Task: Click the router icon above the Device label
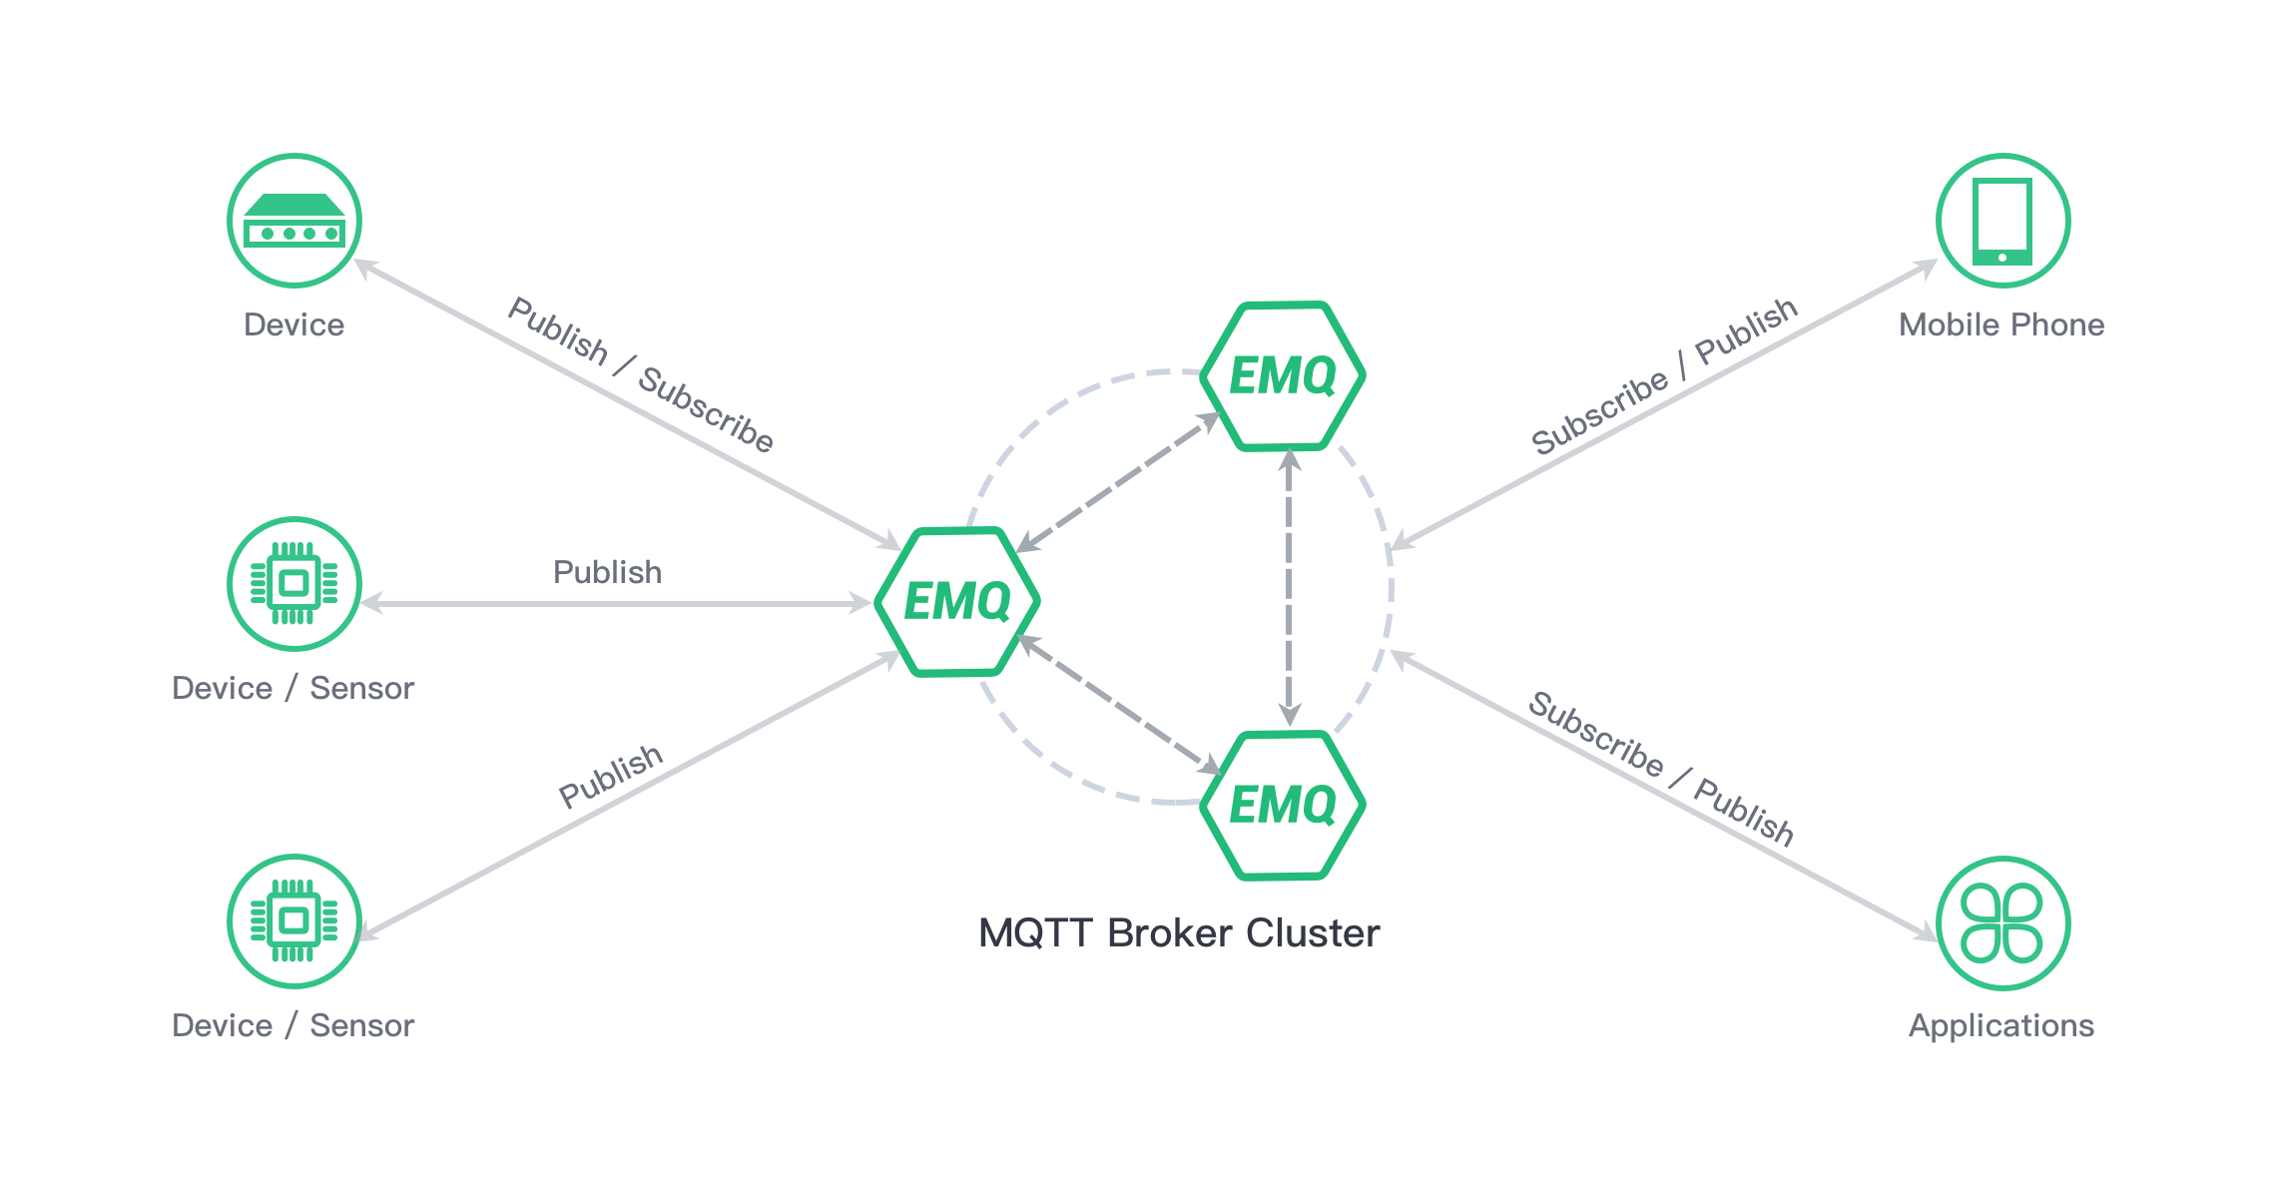(294, 221)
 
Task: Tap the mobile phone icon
(2002, 221)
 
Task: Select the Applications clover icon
(2002, 922)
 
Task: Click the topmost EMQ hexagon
(1283, 376)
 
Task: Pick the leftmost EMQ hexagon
(957, 602)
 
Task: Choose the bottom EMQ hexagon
(1283, 806)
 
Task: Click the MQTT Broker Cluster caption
(1179, 932)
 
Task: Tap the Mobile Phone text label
(2001, 324)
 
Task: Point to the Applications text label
(2001, 1025)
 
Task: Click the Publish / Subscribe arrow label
(641, 374)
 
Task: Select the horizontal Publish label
(607, 572)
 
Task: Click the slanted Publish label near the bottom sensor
(611, 776)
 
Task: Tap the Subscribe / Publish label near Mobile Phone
(1664, 376)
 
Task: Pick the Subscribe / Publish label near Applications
(1661, 769)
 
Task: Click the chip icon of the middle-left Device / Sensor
(294, 584)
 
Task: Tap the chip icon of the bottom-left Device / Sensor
(294, 921)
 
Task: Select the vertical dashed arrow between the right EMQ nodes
(1290, 588)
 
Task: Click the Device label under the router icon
(293, 324)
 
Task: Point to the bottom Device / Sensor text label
(292, 1025)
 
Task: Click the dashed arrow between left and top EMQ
(1119, 482)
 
